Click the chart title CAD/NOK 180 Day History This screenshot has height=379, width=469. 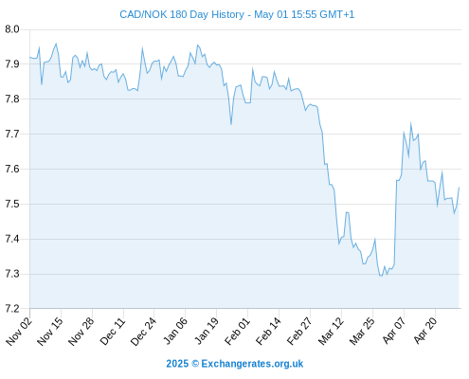point(182,14)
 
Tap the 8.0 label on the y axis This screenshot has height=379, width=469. point(12,29)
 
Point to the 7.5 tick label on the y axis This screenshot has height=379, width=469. point(12,204)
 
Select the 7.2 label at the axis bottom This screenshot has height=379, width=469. point(12,309)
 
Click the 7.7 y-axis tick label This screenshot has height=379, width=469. point(12,134)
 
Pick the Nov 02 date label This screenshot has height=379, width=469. point(19,332)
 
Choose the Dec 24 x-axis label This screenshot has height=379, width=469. point(143,332)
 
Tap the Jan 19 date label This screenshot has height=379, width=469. point(206,332)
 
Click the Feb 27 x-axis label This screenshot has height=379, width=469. point(299,332)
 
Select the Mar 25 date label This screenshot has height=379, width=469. point(362,332)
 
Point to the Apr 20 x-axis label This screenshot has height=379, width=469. point(425,331)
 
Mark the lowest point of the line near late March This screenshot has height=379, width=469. point(381,276)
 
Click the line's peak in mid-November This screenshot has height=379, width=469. point(56,44)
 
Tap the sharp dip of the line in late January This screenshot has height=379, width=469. point(231,124)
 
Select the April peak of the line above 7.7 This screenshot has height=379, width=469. point(411,123)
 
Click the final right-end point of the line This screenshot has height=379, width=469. point(459,188)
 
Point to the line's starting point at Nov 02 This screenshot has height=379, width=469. point(30,57)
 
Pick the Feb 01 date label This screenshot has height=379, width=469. point(237,332)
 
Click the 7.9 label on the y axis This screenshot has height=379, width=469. point(12,64)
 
